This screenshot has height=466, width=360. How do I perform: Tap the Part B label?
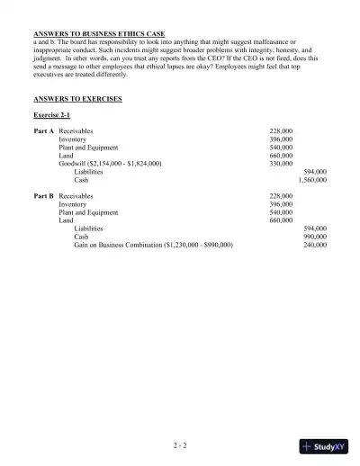click(44, 195)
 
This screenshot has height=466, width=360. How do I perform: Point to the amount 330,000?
click(281, 163)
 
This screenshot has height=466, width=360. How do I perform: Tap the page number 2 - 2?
click(180, 444)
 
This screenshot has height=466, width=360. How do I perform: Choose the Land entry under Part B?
click(66, 220)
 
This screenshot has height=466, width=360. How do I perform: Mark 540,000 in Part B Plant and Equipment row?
click(281, 211)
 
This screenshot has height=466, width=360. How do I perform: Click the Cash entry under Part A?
click(81, 180)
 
